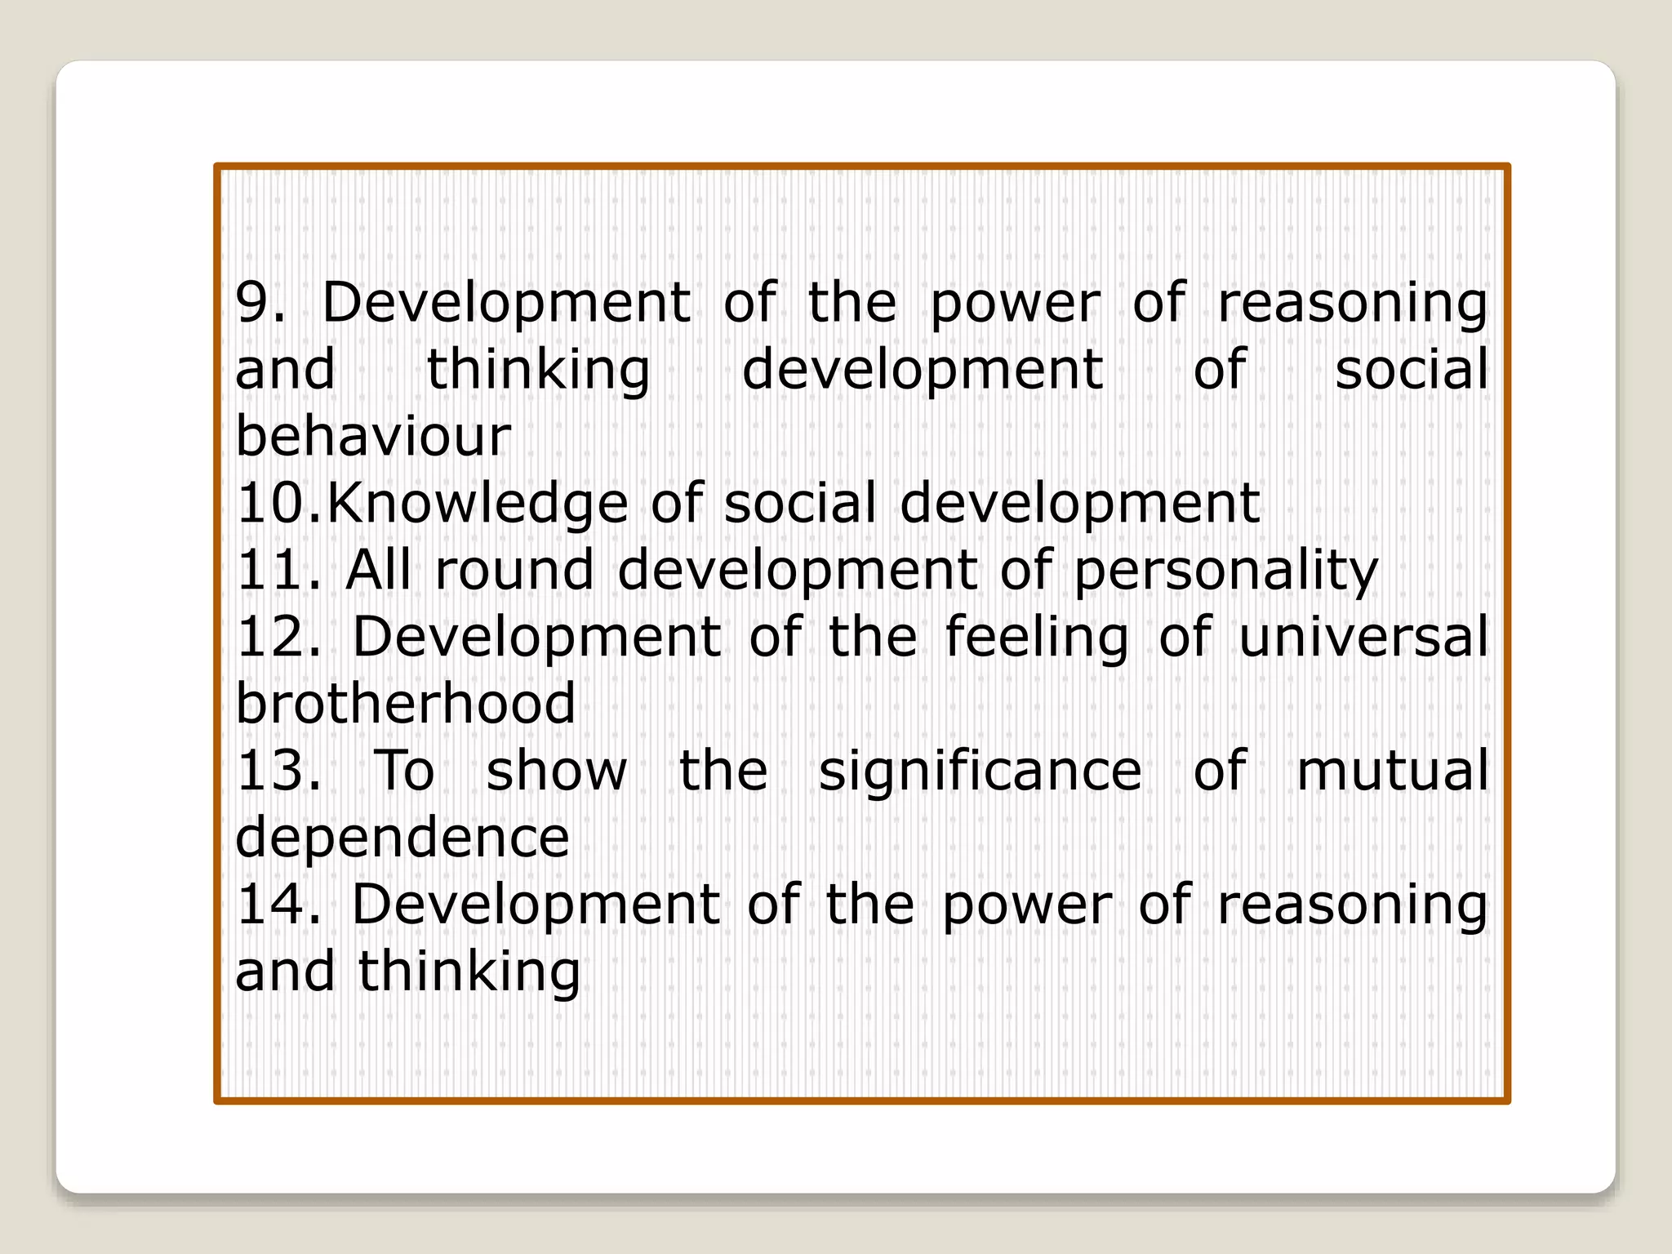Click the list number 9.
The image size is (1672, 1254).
click(260, 303)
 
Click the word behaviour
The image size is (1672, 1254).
click(373, 436)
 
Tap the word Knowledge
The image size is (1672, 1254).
click(478, 505)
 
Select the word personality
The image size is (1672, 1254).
click(1225, 571)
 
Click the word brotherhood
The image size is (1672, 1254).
click(406, 704)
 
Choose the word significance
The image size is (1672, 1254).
click(980, 772)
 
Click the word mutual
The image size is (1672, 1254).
click(1392, 771)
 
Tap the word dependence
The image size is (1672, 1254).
click(402, 839)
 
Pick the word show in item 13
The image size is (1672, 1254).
click(557, 771)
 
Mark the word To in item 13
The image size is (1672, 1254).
click(404, 771)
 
